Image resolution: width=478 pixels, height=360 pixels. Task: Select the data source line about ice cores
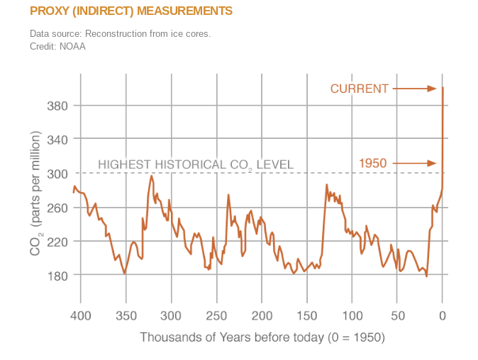pos(120,34)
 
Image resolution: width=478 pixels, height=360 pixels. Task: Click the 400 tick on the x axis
pos(80,315)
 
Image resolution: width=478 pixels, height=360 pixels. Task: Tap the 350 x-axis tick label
pos(126,315)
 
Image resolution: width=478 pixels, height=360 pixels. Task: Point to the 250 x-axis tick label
pos(216,315)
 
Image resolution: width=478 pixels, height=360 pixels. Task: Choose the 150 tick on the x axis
pos(307,315)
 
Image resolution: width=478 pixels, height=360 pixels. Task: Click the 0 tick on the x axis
pos(443,315)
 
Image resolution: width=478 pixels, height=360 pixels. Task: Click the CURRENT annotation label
pos(360,89)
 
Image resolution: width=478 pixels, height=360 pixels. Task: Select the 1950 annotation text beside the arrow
pos(373,164)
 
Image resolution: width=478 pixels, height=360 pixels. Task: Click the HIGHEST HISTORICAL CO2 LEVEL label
pos(195,165)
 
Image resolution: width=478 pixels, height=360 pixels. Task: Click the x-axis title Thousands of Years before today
pos(262,337)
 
